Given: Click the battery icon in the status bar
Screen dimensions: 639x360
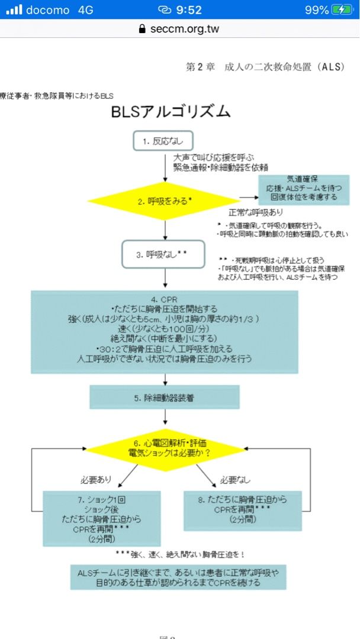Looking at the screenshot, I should coord(342,10).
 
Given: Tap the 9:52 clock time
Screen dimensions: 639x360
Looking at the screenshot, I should coord(188,10).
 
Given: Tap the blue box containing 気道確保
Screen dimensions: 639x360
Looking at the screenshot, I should coord(303,188).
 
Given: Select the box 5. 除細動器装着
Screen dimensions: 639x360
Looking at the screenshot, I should coord(165,398).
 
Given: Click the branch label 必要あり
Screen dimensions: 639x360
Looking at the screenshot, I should coord(97,479).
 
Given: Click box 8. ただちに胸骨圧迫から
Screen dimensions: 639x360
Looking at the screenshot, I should coord(243,510).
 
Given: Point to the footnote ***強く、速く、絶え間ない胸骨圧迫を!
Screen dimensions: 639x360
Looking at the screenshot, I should coord(180,554).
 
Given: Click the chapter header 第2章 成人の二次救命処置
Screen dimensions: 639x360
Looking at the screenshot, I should coord(265,67).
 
